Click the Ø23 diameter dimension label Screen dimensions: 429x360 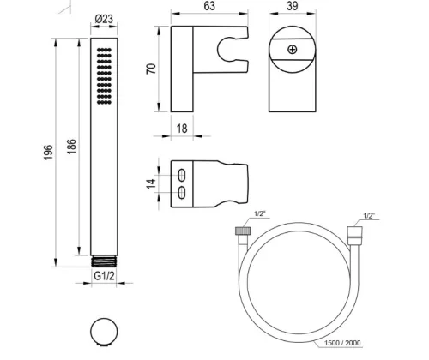point(104,19)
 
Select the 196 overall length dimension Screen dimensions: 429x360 point(48,153)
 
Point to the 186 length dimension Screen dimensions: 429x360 point(72,147)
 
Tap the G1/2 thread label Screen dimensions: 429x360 point(104,276)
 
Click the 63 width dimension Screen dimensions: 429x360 point(209,6)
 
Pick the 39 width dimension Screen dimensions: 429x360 point(292,6)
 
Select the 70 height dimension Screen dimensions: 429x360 point(151,69)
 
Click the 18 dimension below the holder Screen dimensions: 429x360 point(182,129)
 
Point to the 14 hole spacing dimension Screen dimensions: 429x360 point(151,183)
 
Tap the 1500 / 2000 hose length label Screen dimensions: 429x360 point(342,343)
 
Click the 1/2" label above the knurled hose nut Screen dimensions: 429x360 point(260,213)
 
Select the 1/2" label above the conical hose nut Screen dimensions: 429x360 point(369,216)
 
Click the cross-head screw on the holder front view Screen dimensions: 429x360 point(292,50)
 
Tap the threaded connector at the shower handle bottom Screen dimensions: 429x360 point(104,261)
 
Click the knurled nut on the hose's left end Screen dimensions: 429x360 point(243,231)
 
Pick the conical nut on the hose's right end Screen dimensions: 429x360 point(354,232)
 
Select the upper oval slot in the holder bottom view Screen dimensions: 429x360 point(182,175)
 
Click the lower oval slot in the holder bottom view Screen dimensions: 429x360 point(182,193)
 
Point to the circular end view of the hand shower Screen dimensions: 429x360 point(104,333)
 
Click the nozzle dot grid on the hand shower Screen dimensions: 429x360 point(104,76)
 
